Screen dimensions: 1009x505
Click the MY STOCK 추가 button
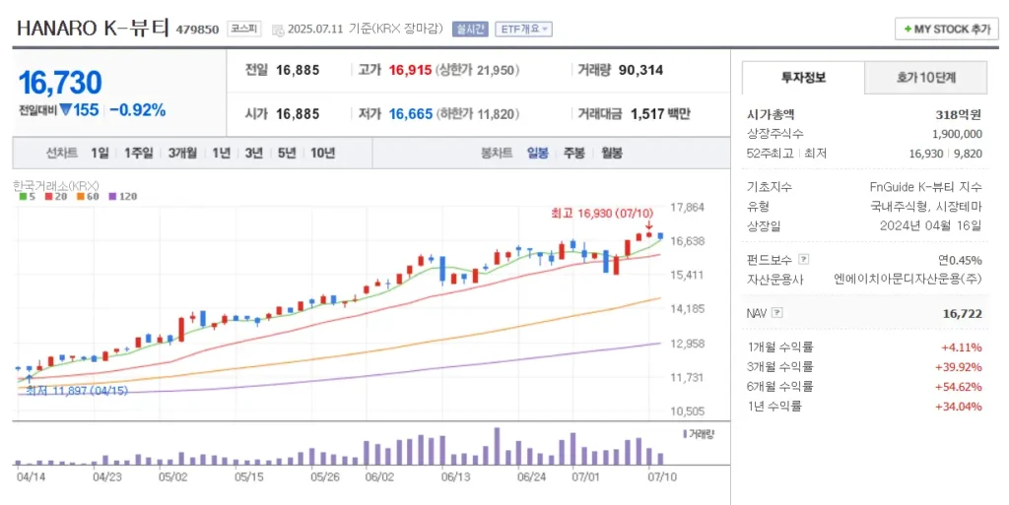click(x=946, y=29)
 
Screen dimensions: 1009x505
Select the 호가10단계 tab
click(x=925, y=78)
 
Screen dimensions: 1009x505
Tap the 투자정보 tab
click(x=803, y=78)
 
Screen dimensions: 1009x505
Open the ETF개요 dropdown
click(x=523, y=29)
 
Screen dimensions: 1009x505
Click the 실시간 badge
click(x=470, y=29)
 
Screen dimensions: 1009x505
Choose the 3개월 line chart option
click(x=182, y=153)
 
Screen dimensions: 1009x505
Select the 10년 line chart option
click(x=322, y=153)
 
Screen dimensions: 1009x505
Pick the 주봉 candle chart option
click(x=574, y=153)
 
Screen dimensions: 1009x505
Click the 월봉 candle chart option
click(x=611, y=153)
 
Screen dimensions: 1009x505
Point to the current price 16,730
click(x=60, y=83)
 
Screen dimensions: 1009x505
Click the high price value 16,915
click(x=410, y=70)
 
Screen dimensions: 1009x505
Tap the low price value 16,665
click(x=411, y=114)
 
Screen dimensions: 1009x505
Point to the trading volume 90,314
click(x=640, y=70)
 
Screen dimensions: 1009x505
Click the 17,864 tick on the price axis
click(x=687, y=208)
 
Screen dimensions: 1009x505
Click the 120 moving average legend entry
click(x=123, y=197)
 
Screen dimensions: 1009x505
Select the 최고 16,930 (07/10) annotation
click(x=602, y=213)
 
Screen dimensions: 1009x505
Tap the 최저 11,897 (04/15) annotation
click(x=77, y=391)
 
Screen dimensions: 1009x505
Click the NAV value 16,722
click(x=962, y=314)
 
